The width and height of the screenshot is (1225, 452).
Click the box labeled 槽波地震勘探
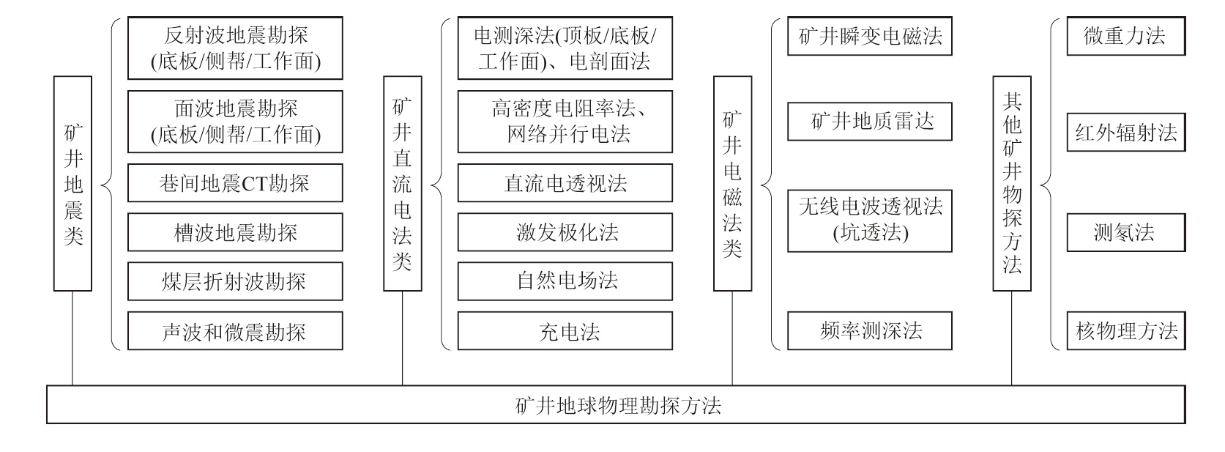235,233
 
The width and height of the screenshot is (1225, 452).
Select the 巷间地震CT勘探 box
235,183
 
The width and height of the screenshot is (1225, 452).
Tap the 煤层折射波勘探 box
235,281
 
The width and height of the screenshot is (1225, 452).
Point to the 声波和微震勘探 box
235,331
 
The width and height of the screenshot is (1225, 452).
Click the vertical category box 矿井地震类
72,183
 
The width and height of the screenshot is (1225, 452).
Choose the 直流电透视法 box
565,183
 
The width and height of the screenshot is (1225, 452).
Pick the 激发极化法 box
565,233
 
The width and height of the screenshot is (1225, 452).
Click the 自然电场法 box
565,281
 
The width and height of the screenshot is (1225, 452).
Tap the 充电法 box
565,331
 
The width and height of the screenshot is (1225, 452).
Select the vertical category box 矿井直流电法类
403,183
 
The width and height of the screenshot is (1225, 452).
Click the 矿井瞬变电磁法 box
870,37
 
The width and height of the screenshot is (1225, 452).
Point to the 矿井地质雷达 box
870,122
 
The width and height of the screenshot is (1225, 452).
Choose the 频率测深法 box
870,331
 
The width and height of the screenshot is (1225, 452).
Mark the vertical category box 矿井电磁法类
732,183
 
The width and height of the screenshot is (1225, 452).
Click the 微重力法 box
1125,37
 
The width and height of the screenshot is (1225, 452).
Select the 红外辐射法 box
1125,133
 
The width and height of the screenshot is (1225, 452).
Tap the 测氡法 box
1125,233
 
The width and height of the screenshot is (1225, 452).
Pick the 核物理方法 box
1125,331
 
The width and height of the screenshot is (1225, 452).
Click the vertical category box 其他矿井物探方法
1012,183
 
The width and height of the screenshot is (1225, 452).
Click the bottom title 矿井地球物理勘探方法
616,405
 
